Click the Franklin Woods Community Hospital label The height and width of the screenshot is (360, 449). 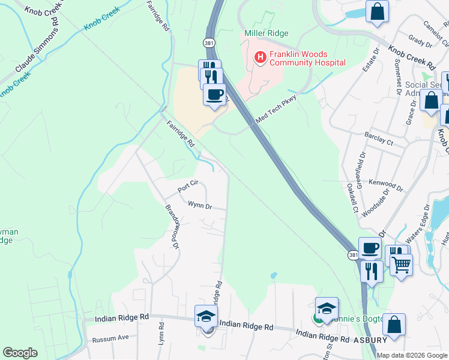coord(307,58)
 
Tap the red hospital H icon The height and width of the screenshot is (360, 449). coord(261,58)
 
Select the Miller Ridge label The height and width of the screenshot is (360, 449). coord(267,33)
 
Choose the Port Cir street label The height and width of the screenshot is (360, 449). coord(188,187)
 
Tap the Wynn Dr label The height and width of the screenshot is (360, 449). coord(200,206)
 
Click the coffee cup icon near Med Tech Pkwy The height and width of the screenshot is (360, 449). coord(214,94)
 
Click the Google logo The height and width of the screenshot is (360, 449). coord(20,353)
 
